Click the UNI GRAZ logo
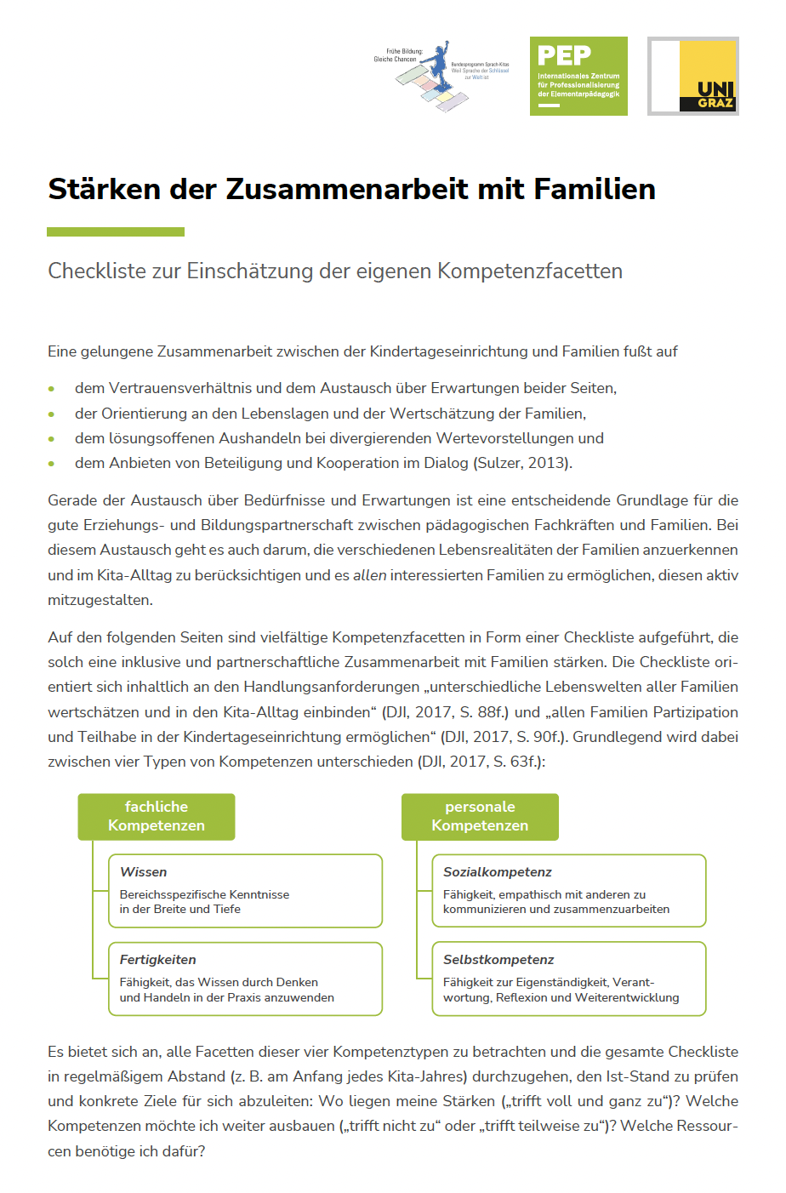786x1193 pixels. pos(693,76)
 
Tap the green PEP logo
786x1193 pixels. pos(578,76)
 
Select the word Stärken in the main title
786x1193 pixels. pos(105,189)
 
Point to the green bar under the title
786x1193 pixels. pos(116,231)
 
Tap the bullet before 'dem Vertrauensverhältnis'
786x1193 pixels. pos(52,389)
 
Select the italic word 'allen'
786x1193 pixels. pos(370,575)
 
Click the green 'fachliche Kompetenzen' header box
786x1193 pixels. pos(157,816)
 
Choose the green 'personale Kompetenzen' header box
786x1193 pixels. pos(480,816)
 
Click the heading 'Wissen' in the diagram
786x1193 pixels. pos(144,872)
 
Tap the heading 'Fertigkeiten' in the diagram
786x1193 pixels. pos(158,960)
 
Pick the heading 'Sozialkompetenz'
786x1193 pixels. pos(498,872)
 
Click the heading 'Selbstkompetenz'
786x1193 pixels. pos(498,960)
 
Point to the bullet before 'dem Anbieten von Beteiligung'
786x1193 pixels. pos(52,464)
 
